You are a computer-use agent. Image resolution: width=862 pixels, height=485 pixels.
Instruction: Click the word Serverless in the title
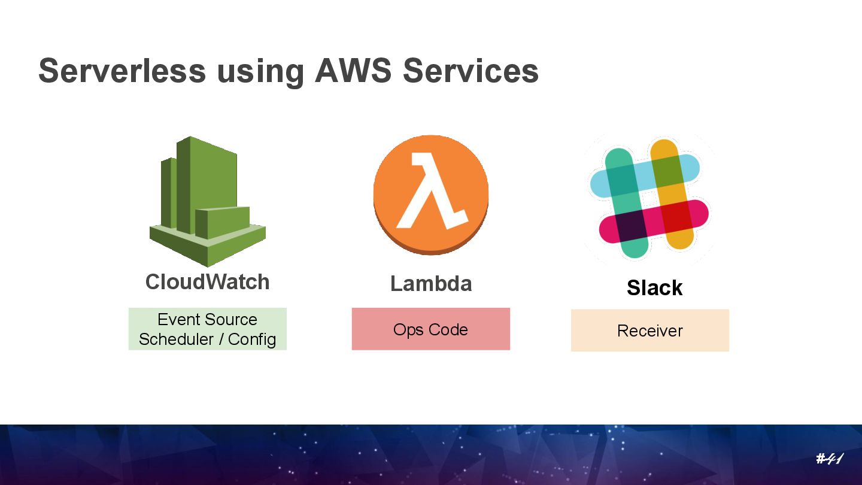(122, 71)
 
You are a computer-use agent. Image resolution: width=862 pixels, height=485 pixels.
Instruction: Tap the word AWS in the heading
(353, 71)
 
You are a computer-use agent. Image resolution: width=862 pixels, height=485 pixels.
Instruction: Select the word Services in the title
(471, 71)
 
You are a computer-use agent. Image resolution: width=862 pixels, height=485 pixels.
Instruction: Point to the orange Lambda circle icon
(431, 195)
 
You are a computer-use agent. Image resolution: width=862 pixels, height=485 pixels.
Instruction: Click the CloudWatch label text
(207, 282)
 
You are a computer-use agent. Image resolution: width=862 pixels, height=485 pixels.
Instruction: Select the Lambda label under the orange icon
(431, 283)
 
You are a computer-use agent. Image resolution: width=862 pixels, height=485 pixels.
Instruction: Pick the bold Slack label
(654, 288)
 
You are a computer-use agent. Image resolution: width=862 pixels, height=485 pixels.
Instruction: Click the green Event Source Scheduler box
(207, 329)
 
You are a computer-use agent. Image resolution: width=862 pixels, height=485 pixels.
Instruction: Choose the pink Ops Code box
(430, 329)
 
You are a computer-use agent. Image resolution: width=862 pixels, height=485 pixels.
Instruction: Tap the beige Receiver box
(649, 330)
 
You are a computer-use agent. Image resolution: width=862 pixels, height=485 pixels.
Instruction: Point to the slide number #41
(829, 459)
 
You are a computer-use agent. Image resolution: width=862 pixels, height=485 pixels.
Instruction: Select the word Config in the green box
(252, 339)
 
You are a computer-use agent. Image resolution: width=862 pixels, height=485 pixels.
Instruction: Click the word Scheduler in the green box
(174, 339)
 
